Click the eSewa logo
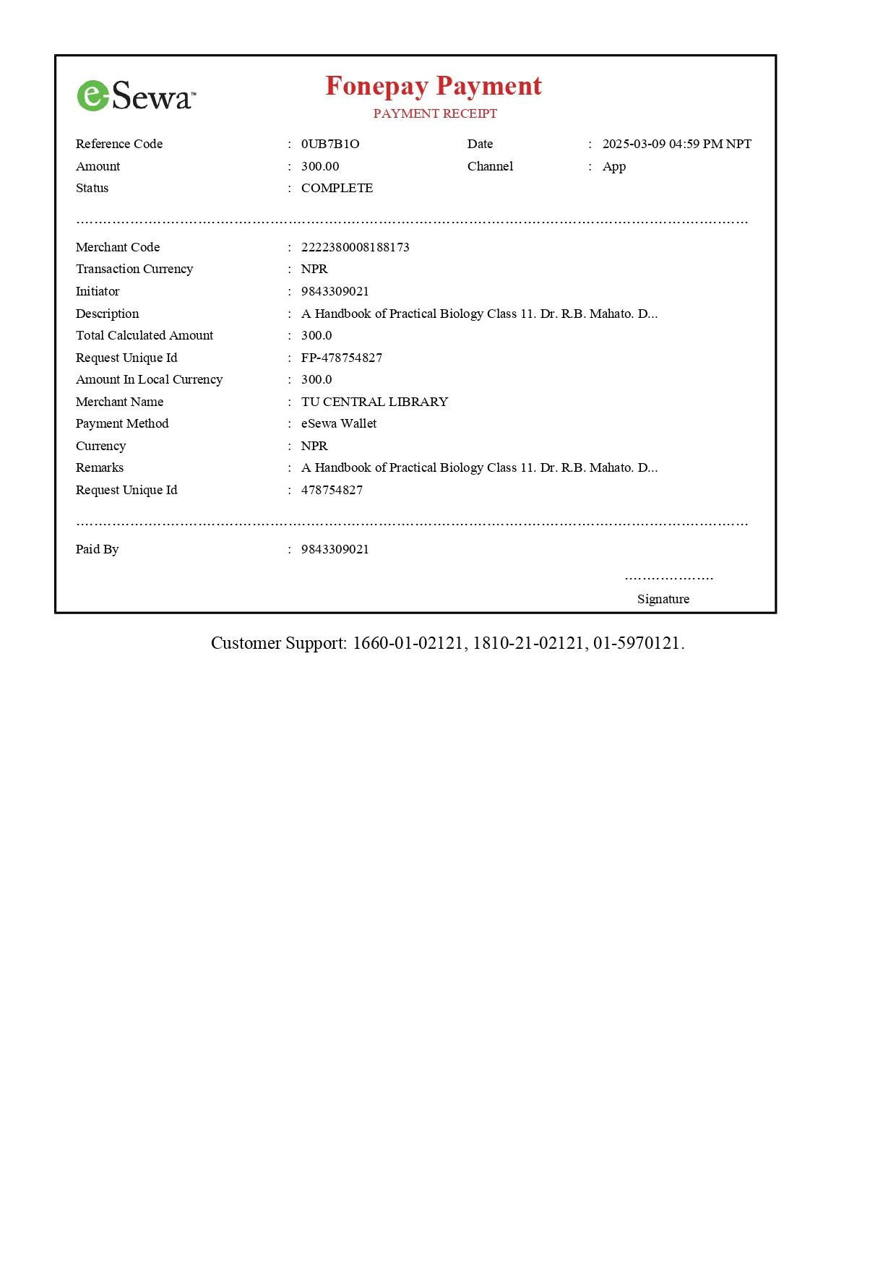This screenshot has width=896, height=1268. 136,95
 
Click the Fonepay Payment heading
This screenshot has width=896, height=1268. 433,86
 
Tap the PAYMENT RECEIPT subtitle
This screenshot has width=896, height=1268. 435,113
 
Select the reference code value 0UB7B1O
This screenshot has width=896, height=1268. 330,144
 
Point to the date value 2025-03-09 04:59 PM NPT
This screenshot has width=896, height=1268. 676,144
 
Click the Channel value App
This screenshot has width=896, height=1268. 613,166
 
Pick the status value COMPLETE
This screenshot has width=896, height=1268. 337,188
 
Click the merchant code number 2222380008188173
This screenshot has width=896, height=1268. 355,247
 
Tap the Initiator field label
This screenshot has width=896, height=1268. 98,291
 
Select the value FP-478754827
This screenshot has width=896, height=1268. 341,358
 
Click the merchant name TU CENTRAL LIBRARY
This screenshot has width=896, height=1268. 374,402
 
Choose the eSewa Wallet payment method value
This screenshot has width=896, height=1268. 338,423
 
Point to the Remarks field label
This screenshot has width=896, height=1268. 100,467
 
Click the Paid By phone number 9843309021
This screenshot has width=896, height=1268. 335,549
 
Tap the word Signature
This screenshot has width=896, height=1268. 663,599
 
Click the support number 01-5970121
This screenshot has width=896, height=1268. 637,643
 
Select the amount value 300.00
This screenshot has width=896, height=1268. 319,166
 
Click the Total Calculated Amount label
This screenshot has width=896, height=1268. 145,335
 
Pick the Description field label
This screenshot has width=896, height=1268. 107,314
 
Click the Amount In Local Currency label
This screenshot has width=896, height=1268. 149,379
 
